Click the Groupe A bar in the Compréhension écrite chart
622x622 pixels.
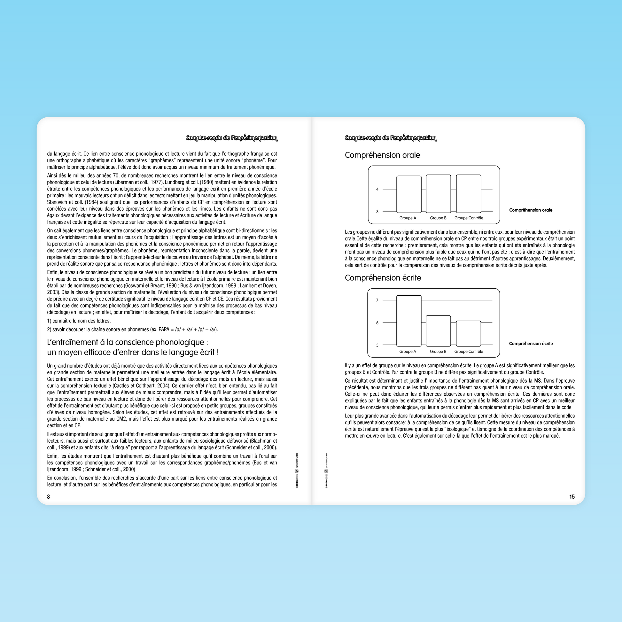408,321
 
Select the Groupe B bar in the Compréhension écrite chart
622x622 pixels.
438,331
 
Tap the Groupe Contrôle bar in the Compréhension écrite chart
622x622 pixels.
469,334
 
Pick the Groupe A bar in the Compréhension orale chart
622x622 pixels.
408,194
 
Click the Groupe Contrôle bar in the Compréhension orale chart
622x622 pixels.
469,194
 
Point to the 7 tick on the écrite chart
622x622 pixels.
377,300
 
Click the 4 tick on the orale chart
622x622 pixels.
377,189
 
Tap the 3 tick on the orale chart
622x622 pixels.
377,212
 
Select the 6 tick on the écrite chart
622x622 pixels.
377,323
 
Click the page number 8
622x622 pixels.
49,497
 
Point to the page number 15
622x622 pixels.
572,497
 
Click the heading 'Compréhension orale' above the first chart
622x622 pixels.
382,155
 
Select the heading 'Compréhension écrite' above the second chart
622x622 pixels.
383,278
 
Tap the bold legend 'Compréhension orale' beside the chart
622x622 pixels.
531,210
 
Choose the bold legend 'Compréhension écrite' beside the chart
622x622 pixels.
531,344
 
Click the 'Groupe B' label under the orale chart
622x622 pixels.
438,218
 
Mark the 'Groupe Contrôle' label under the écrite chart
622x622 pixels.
469,352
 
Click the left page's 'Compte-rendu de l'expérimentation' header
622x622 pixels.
231,138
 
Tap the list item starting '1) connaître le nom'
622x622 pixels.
79,321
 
